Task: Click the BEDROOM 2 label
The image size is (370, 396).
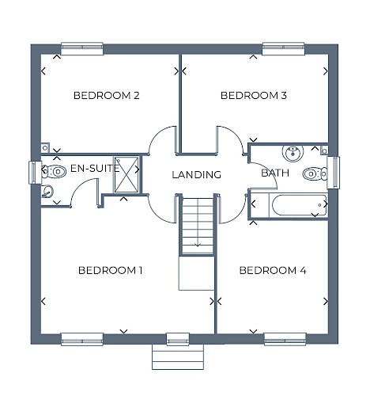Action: tap(106, 95)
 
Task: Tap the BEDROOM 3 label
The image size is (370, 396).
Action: tap(254, 95)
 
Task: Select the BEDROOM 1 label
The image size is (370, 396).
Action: tap(111, 270)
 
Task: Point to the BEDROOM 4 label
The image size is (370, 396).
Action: tap(273, 270)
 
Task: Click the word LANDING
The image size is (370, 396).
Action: tap(197, 175)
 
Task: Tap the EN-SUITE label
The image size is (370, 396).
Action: tap(95, 168)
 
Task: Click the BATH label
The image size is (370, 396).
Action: tap(275, 173)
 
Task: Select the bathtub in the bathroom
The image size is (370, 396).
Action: tap(300, 205)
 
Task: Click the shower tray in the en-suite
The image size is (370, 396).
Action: tap(126, 174)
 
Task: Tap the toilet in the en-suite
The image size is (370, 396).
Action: tap(54, 172)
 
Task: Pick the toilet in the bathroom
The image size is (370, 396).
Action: tap(315, 174)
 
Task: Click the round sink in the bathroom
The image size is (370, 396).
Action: tap(293, 153)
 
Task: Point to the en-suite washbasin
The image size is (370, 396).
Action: tap(47, 192)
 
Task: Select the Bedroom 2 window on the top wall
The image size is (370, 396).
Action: tap(82, 48)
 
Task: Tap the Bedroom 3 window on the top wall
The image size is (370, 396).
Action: tap(284, 48)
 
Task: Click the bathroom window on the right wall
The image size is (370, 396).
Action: tap(334, 173)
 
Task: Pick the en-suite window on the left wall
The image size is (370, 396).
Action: tap(35, 173)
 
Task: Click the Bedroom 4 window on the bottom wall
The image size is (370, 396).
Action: tap(285, 339)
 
